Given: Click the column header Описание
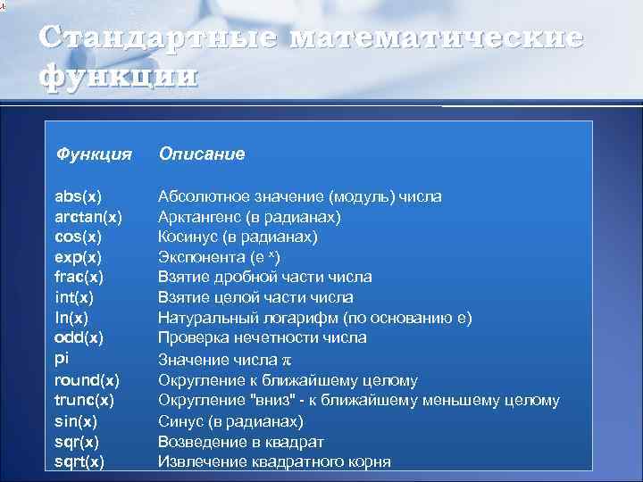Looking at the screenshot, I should click(x=201, y=155).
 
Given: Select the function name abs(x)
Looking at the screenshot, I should click(x=79, y=195).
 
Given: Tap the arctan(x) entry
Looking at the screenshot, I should click(x=88, y=216).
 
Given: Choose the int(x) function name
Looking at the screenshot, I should click(x=74, y=297).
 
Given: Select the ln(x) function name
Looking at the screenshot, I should click(x=71, y=318).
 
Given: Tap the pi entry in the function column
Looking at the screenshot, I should click(x=61, y=359).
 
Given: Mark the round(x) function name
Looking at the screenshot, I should click(x=87, y=379).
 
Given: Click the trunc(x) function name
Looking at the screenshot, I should click(x=84, y=400).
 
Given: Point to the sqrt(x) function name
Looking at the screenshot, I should click(x=79, y=461).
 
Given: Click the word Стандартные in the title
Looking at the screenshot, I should click(x=158, y=40).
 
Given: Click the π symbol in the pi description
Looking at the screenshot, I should click(x=288, y=360).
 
